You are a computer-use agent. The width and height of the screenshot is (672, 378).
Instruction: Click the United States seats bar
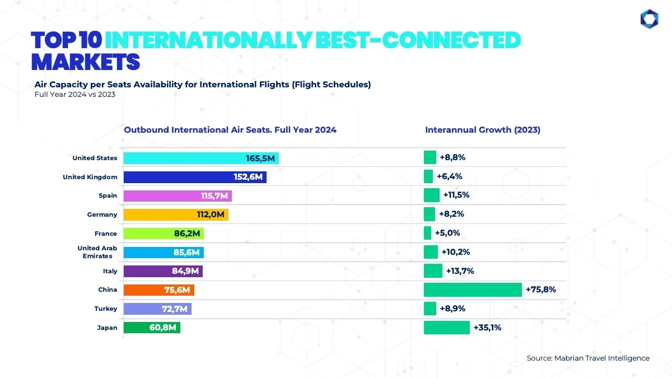tap(201, 158)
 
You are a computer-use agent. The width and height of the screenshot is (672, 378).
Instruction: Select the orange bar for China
tap(158, 290)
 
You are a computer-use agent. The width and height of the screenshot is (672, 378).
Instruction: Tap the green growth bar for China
tap(473, 290)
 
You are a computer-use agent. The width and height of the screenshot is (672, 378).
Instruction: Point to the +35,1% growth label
tap(487, 328)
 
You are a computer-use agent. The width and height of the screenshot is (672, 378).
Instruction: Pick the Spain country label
tap(108, 196)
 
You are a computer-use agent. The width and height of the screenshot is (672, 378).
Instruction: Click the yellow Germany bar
tap(176, 214)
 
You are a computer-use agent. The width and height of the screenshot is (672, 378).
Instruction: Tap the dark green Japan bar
tap(152, 328)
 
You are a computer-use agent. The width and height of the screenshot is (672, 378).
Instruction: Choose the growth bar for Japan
tap(446, 328)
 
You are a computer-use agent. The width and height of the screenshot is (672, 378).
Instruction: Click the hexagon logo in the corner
tap(649, 19)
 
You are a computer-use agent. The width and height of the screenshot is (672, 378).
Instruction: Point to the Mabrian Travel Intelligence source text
tap(588, 358)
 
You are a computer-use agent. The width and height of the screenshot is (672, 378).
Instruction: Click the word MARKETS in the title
tap(85, 61)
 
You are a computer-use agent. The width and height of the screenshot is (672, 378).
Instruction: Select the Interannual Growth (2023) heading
tap(483, 130)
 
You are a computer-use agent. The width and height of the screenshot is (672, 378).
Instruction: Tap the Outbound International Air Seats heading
tap(230, 130)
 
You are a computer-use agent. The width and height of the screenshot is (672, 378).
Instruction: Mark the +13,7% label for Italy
tap(460, 271)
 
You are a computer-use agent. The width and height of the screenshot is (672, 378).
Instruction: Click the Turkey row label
tap(106, 309)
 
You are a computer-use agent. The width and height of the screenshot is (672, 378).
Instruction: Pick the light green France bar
tap(164, 234)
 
